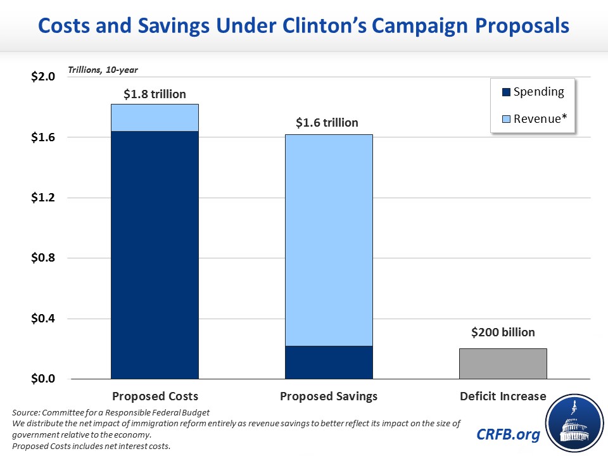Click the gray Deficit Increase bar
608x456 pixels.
(502, 364)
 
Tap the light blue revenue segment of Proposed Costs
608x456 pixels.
(155, 118)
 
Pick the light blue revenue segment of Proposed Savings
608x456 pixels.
(328, 240)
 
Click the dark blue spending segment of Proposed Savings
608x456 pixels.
(328, 362)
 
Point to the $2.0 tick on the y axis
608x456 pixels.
(43, 77)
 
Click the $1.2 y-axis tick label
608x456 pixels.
(43, 198)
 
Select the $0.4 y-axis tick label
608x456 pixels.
(43, 319)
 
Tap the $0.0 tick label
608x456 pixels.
(43, 379)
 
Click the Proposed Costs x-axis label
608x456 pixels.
(155, 396)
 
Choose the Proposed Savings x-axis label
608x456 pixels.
(329, 396)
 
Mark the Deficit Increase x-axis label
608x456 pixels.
(502, 396)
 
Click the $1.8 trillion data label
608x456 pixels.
(155, 94)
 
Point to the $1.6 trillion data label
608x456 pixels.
(327, 123)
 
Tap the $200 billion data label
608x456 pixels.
(502, 332)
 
